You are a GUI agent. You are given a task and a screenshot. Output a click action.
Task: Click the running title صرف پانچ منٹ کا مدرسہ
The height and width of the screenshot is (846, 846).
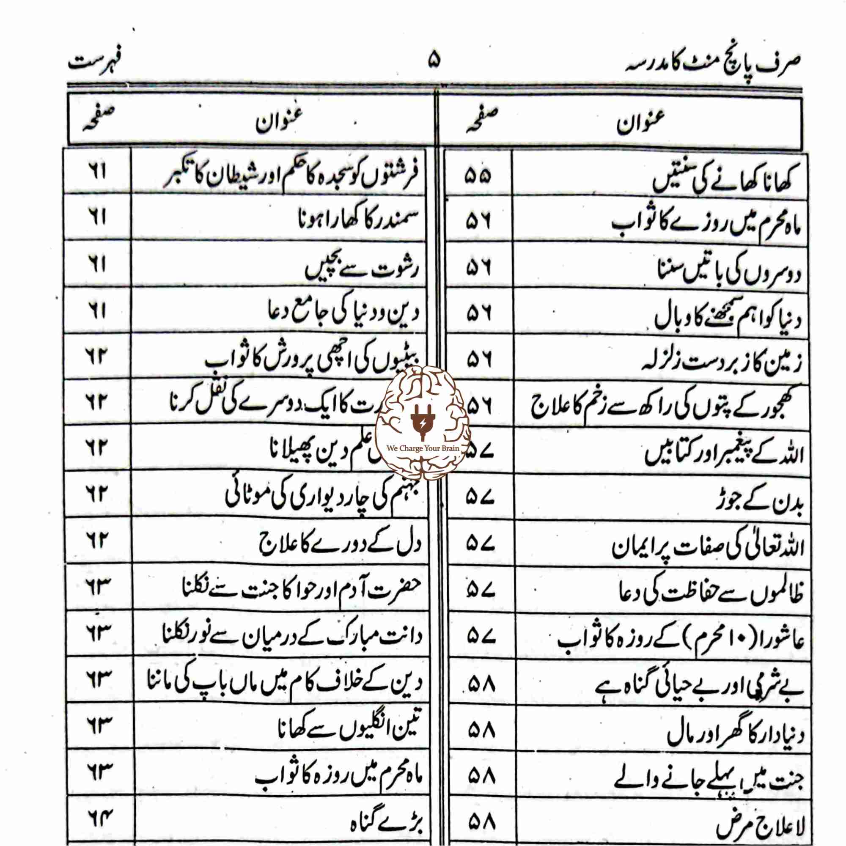713,64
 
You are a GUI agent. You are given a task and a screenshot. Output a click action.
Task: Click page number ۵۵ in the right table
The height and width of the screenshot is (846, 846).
478,176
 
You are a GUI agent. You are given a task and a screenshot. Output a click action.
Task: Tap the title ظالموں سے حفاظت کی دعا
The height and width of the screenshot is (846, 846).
711,595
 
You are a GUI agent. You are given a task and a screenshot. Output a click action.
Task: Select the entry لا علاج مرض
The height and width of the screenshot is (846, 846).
760,826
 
